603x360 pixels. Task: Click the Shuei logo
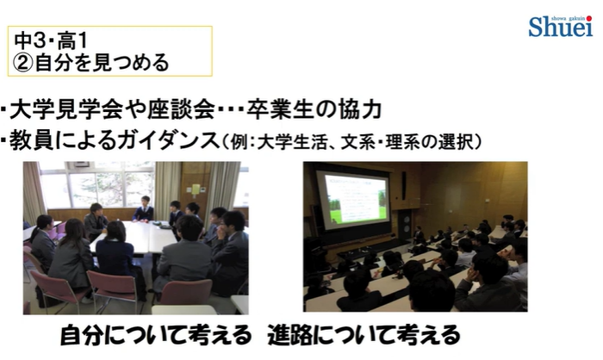point(560,26)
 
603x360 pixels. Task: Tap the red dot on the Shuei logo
point(589,18)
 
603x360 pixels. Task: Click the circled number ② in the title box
point(24,63)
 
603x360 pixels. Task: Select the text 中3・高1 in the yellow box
point(51,40)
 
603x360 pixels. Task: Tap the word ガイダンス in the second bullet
point(169,140)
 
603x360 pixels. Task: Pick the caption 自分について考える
point(156,335)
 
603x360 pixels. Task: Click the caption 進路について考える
point(364,335)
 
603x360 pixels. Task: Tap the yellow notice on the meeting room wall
point(196,189)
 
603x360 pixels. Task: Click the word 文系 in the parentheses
point(358,142)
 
